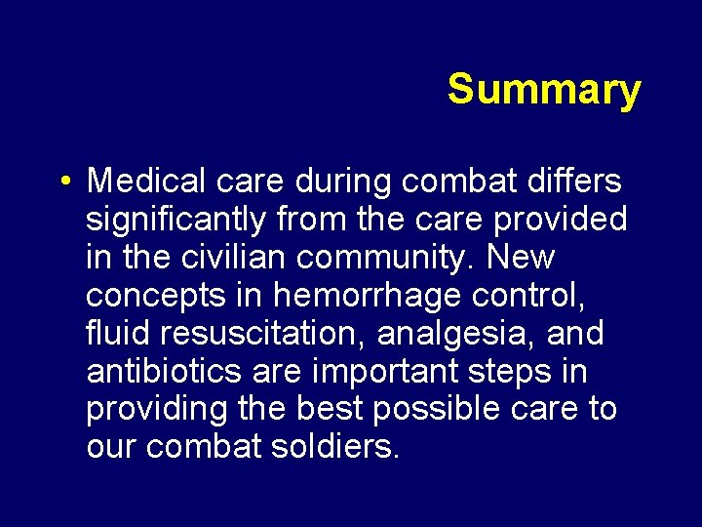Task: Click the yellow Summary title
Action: (x=544, y=90)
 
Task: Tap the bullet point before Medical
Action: (x=63, y=182)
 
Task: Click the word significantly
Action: (x=175, y=220)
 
